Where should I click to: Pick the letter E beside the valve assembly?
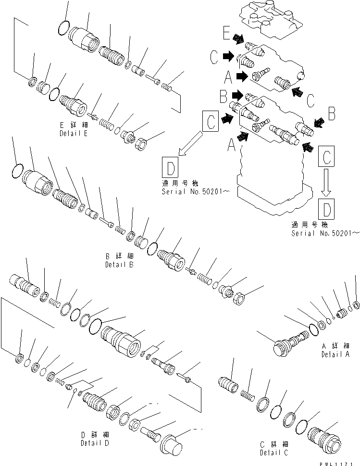point(227,34)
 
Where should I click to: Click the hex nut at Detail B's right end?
point(239,299)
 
